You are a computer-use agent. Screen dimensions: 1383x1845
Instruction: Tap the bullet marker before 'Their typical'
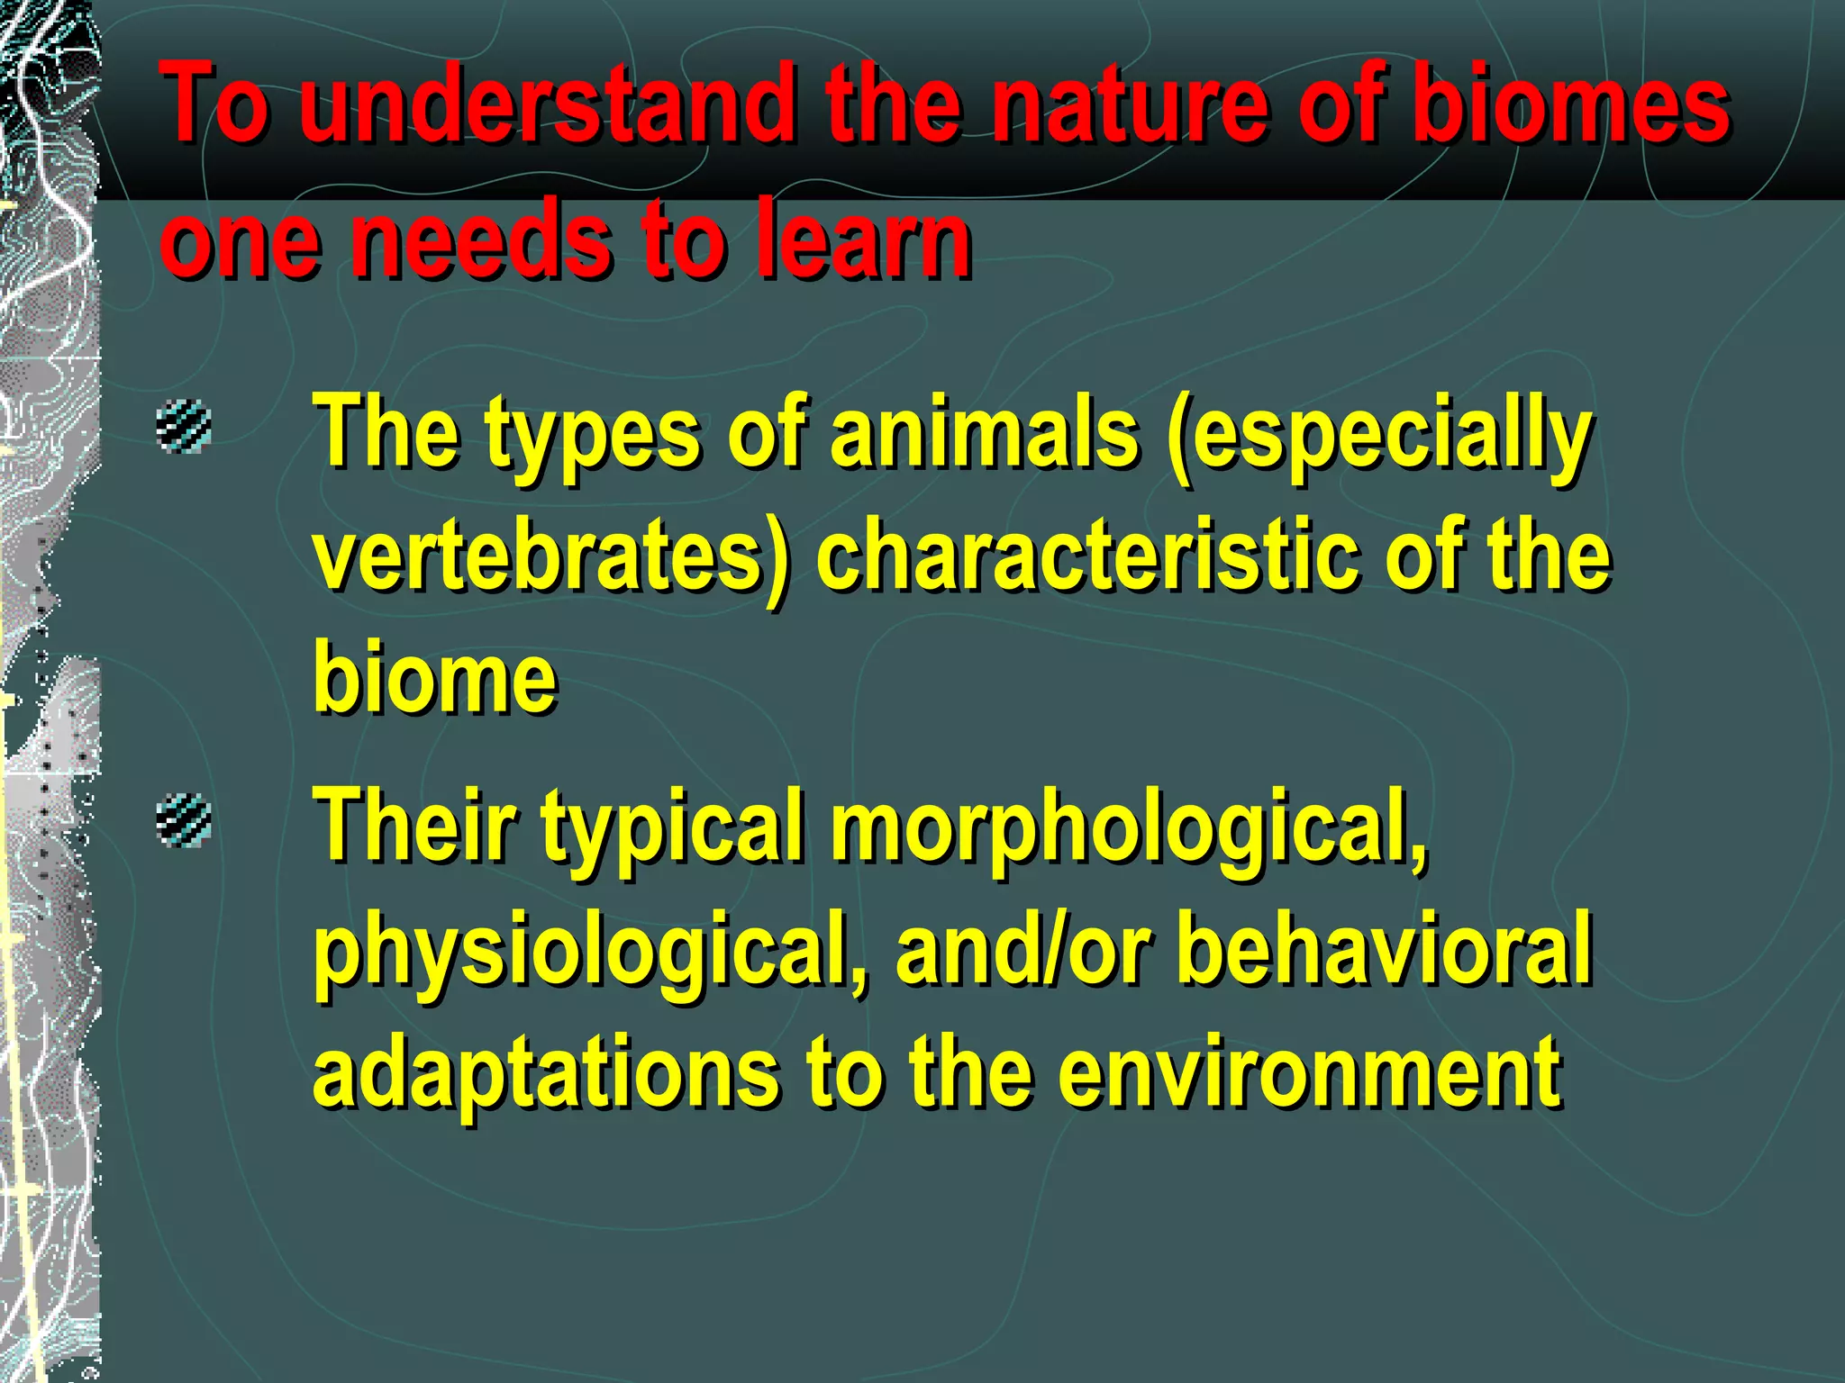click(184, 820)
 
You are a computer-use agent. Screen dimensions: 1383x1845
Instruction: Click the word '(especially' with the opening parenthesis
click(1378, 437)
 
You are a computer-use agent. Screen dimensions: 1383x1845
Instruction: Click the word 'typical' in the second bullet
click(671, 828)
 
